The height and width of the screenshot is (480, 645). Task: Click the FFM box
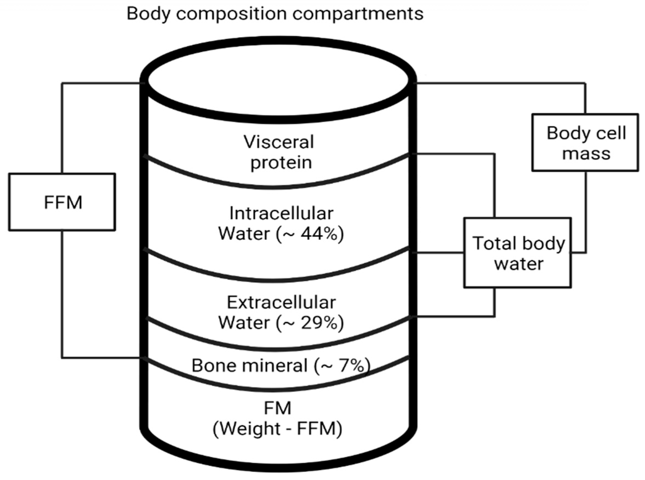point(62,202)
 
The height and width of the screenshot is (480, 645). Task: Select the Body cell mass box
point(585,142)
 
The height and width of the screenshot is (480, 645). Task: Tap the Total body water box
point(517,253)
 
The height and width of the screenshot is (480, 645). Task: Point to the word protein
point(281,163)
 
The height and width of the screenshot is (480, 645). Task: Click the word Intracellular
point(281,214)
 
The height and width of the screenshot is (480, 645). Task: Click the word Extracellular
point(281,303)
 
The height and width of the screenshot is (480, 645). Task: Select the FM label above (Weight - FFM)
point(277,408)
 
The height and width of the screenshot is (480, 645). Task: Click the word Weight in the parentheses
point(251,428)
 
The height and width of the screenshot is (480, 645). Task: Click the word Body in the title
point(148,14)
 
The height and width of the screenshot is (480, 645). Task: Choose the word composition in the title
point(231,14)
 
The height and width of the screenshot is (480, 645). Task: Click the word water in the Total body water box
point(518,264)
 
